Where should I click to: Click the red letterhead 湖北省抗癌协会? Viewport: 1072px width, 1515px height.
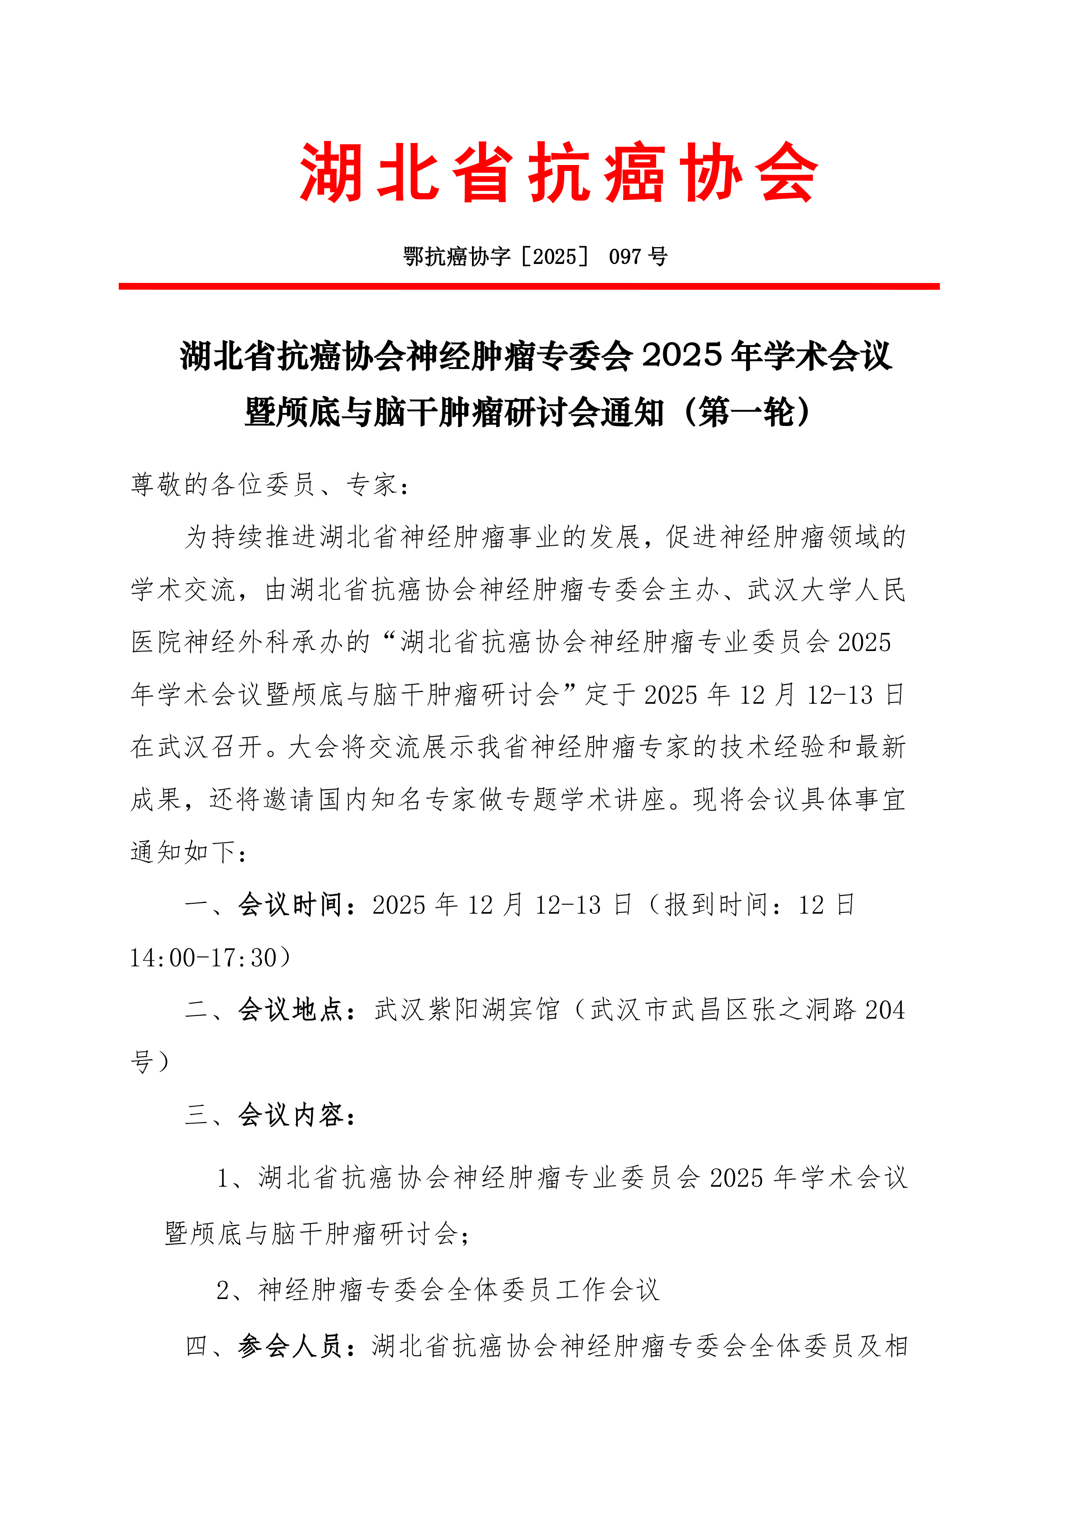[558, 173]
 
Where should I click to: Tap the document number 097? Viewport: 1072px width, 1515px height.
[625, 256]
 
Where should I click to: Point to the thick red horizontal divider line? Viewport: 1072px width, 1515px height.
[529, 286]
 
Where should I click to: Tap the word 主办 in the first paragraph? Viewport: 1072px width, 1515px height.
[695, 589]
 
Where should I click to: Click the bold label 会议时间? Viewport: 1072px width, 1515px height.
[291, 905]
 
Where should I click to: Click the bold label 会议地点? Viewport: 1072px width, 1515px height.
[291, 1010]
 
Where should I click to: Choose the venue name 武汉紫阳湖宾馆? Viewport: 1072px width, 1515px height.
[467, 1010]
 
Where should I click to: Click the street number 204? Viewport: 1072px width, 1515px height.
[884, 1010]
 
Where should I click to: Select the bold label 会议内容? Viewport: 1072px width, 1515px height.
[291, 1115]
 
